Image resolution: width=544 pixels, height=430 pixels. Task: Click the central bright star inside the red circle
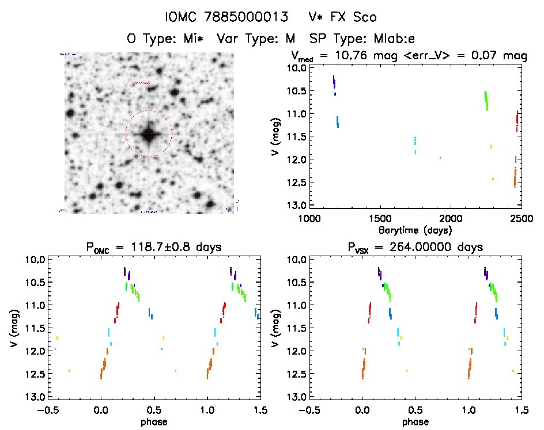point(149,134)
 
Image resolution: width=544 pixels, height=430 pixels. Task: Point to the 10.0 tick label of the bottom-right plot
point(294,260)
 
